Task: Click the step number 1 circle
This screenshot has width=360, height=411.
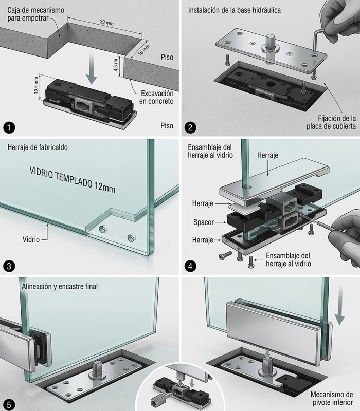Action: click(10, 126)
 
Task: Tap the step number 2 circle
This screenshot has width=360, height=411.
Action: click(190, 126)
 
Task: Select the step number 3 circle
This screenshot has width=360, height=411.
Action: click(10, 266)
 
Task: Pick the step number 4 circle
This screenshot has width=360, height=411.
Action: click(190, 266)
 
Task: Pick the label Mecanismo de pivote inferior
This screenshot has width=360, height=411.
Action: click(331, 399)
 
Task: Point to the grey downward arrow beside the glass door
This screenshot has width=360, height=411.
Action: click(339, 310)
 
